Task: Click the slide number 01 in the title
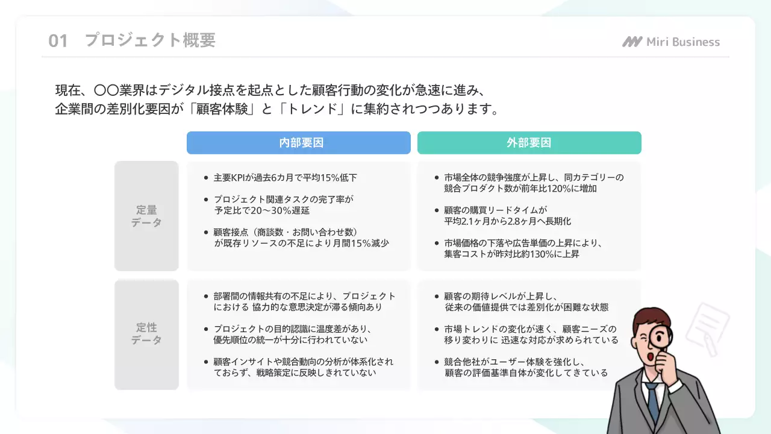point(58,41)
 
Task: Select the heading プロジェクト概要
point(150,40)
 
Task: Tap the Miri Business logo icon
point(632,42)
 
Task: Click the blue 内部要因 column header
point(298,143)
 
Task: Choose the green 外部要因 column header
point(529,143)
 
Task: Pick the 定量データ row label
point(146,216)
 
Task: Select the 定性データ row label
point(146,334)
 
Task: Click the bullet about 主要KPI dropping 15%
point(286,178)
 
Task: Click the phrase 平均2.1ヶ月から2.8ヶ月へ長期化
point(507,221)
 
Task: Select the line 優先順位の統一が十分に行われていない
point(290,340)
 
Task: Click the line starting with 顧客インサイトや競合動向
point(304,362)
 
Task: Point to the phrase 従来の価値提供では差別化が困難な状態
point(526,307)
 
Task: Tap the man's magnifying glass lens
point(661,335)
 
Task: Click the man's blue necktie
point(652,400)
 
